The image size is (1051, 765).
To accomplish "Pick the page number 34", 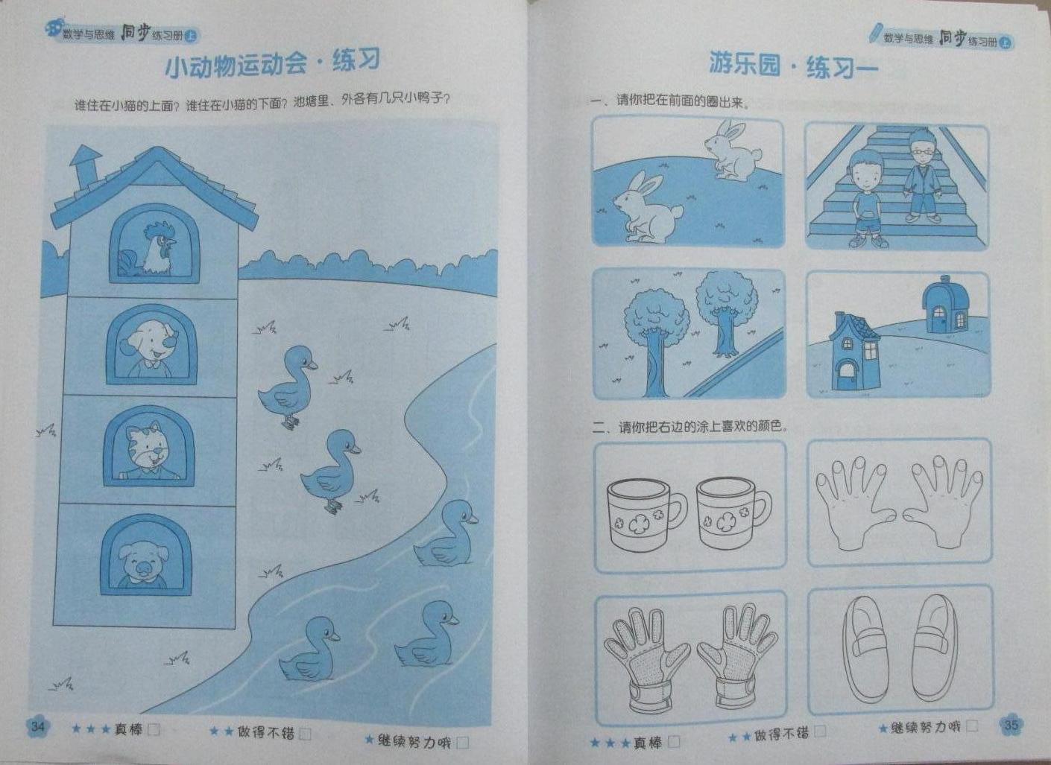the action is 38,727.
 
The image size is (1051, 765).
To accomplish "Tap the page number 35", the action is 1011,726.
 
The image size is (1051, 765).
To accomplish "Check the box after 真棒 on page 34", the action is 154,730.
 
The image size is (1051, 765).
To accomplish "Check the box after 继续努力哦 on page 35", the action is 972,726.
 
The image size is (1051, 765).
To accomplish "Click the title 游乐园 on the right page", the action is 745,64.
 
